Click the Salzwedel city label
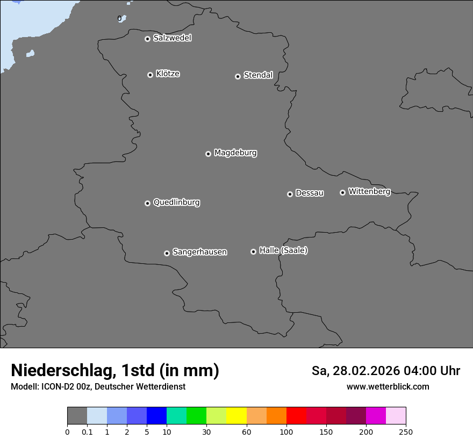click(x=172, y=38)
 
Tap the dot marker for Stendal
click(x=238, y=76)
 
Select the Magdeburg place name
click(x=235, y=153)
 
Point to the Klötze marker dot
click(x=150, y=75)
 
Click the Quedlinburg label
click(x=176, y=203)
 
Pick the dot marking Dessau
click(x=290, y=194)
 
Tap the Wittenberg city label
click(x=369, y=191)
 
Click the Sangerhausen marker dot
click(x=167, y=253)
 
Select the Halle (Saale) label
click(x=283, y=250)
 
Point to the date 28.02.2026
click(x=363, y=371)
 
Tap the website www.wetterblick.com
click(x=388, y=387)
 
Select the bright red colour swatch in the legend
click(x=296, y=416)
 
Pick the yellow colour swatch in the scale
click(x=236, y=416)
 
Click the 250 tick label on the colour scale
click(x=406, y=432)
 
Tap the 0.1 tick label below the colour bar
click(x=87, y=432)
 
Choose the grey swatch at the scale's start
click(x=77, y=416)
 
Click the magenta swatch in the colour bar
click(x=376, y=416)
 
